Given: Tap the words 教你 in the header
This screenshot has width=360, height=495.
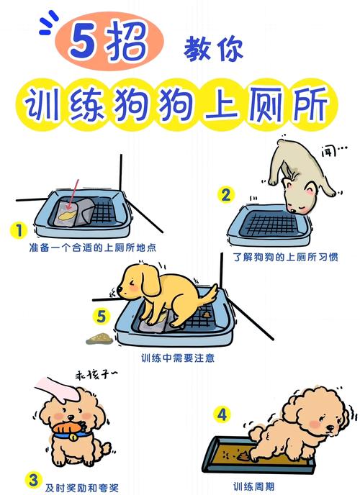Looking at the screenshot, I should (215, 47).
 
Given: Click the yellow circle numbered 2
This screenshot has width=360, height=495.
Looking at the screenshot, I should (226, 194).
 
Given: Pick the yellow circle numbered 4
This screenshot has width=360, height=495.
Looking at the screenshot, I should (222, 414).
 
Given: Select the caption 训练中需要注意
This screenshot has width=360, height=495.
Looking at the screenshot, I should (177, 358).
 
